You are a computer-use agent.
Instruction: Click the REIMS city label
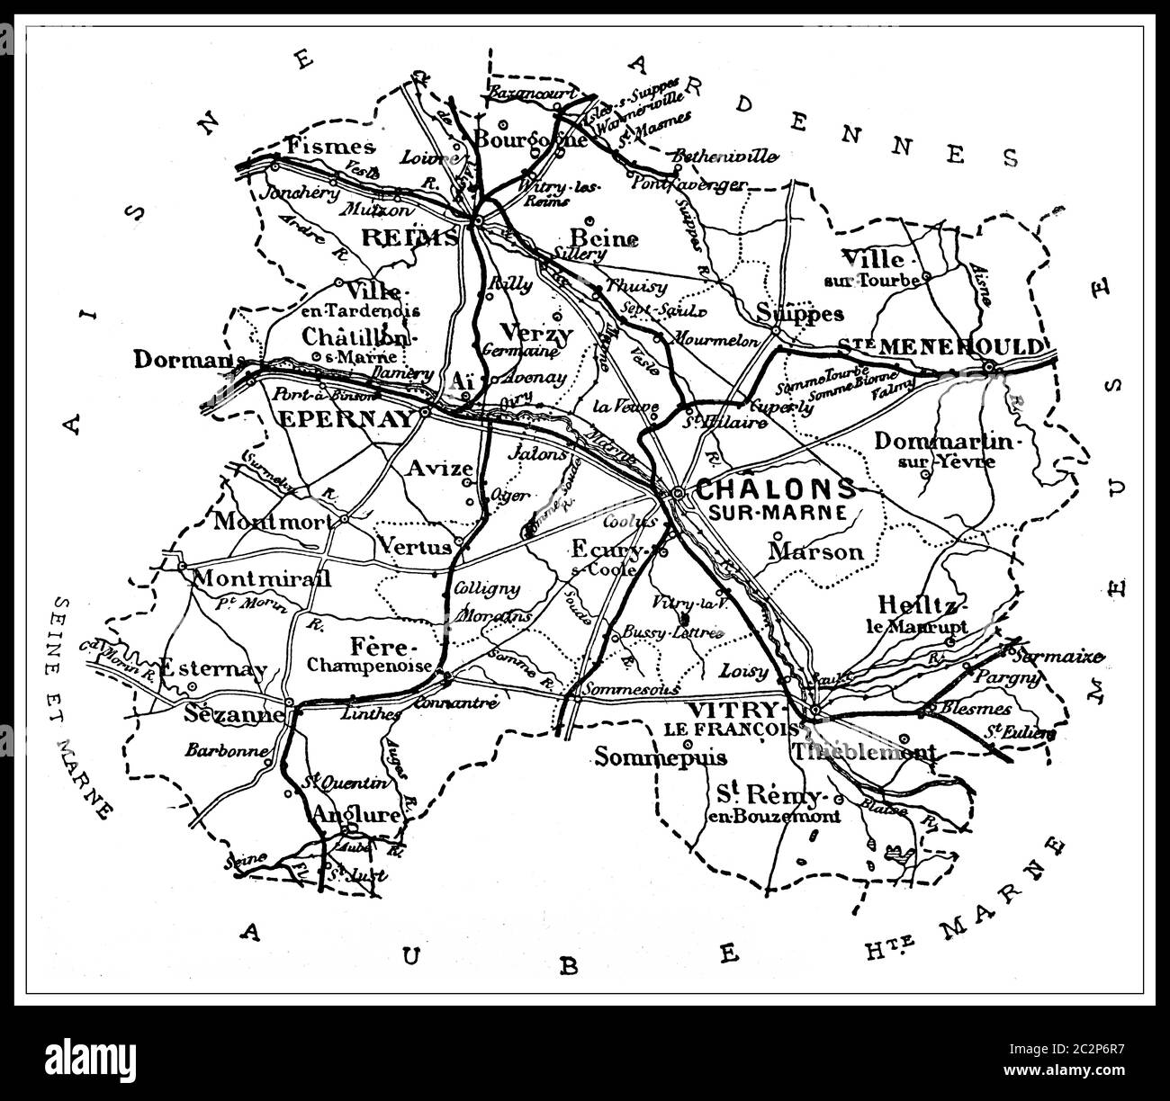[409, 237]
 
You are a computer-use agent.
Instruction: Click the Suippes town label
[799, 313]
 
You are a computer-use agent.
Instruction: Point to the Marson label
[816, 551]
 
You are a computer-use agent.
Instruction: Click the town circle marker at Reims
[480, 219]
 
